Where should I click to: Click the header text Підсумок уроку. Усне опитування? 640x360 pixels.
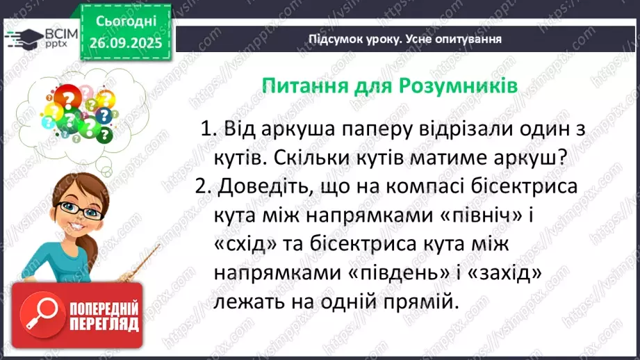[x=405, y=39]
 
